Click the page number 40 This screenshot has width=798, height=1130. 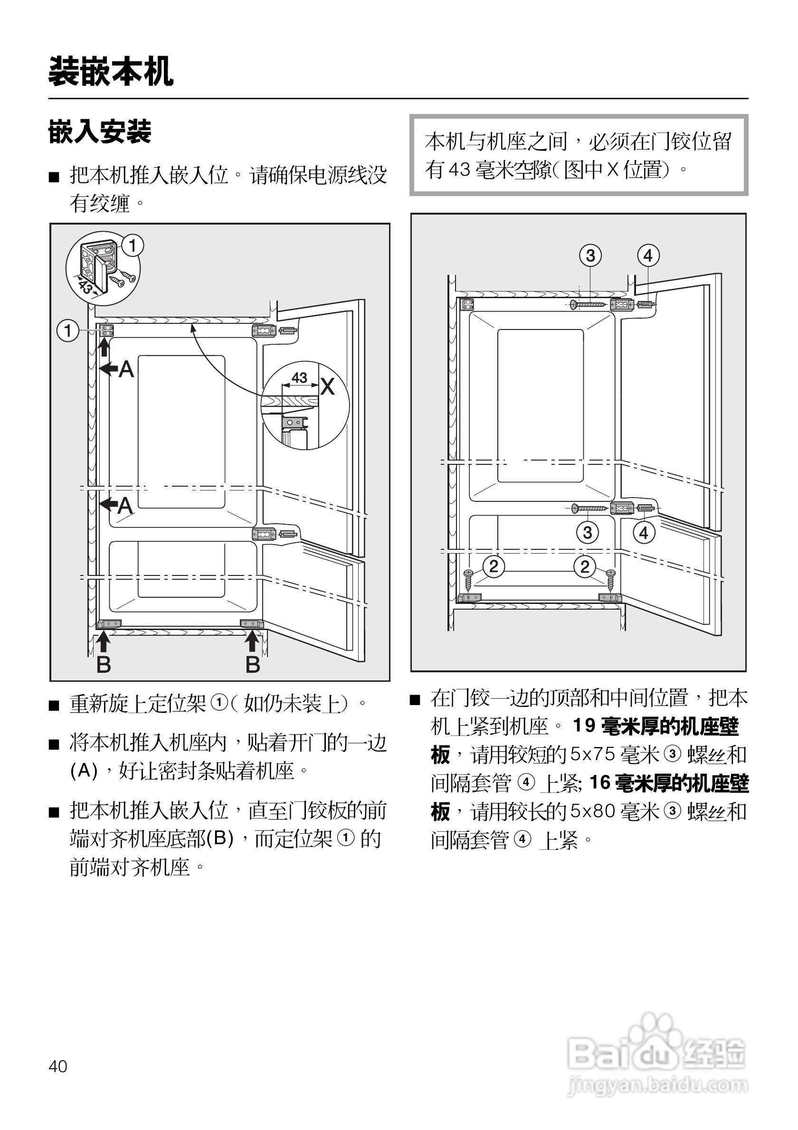click(x=57, y=1066)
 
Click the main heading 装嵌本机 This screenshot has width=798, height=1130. click(x=111, y=72)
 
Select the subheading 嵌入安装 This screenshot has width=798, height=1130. click(x=99, y=132)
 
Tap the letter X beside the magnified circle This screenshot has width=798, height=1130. click(x=327, y=386)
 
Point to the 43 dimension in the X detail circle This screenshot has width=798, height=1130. click(x=299, y=377)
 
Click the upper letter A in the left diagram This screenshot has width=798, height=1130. click(x=126, y=369)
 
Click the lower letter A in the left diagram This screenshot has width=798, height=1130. click(x=125, y=506)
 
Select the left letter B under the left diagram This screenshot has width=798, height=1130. click(x=104, y=664)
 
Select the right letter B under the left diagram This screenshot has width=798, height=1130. click(x=253, y=664)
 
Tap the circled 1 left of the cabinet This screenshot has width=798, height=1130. click(x=68, y=330)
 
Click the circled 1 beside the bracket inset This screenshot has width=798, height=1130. click(x=133, y=245)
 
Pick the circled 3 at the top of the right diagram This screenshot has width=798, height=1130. click(x=590, y=255)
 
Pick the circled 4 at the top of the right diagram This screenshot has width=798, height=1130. click(x=648, y=255)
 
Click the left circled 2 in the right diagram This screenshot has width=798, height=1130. click(x=494, y=566)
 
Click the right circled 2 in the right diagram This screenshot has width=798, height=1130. click(x=584, y=566)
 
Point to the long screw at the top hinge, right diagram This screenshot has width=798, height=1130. click(x=589, y=305)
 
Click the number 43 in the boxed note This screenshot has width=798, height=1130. click(x=459, y=170)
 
